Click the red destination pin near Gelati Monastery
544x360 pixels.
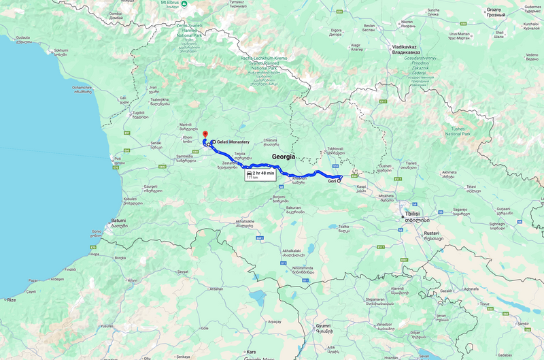(x=205, y=134)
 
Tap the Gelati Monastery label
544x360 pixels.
(x=233, y=142)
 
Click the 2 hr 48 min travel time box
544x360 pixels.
(x=259, y=175)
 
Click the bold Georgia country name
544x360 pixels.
(x=284, y=157)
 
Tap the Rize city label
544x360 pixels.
(x=11, y=299)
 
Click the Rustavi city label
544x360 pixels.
(x=432, y=235)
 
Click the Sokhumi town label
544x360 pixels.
(x=61, y=52)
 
